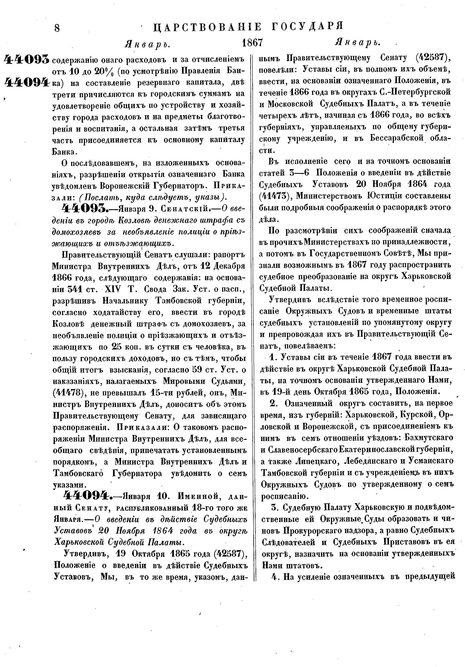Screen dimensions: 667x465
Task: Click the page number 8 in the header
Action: coord(57,28)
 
